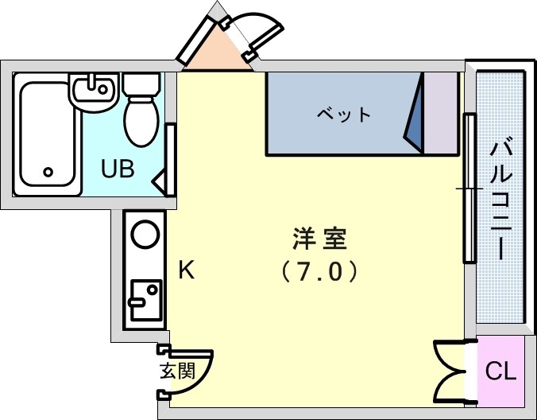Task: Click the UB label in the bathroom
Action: tap(117, 169)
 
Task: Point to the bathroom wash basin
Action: tap(95, 91)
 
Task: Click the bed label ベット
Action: tap(343, 115)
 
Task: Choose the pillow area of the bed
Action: tap(439, 113)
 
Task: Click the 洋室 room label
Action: tap(320, 238)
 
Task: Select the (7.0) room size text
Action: tap(320, 272)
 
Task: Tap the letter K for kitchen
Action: tap(185, 270)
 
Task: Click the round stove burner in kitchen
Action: tap(145, 235)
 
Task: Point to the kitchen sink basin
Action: tap(145, 299)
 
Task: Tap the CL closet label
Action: tap(501, 371)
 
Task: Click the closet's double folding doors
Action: tap(451, 371)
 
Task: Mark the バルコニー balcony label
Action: tap(500, 199)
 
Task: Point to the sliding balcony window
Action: tap(469, 189)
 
